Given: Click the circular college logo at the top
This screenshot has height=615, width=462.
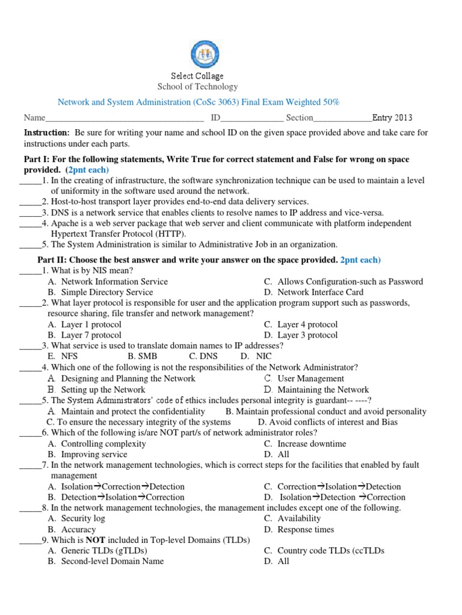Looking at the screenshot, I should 205,53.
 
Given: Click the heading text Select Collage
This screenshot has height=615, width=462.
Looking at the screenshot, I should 197,76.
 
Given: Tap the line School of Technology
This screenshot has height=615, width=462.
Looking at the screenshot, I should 197,87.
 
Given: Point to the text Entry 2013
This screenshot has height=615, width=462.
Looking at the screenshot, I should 392,118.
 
